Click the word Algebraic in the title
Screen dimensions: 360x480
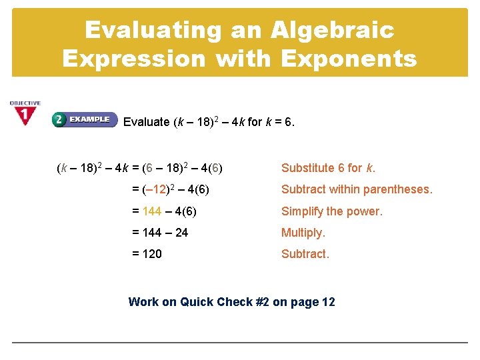tap(333, 31)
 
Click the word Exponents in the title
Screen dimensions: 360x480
tap(349, 59)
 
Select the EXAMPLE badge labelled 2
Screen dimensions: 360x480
tap(85, 119)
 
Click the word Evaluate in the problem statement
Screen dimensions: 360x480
tap(147, 122)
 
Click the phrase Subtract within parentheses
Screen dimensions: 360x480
tap(357, 189)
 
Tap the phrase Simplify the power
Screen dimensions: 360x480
tap(332, 211)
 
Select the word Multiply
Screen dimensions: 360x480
tap(303, 233)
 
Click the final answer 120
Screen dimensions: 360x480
tap(152, 254)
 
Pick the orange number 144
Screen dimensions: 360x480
tap(152, 211)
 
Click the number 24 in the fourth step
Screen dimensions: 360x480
tap(181, 233)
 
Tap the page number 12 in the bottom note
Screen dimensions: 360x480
tap(328, 302)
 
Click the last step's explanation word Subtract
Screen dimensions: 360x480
tap(305, 254)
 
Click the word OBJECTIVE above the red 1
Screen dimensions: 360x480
tap(25, 103)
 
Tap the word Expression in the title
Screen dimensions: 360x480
tap(134, 59)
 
